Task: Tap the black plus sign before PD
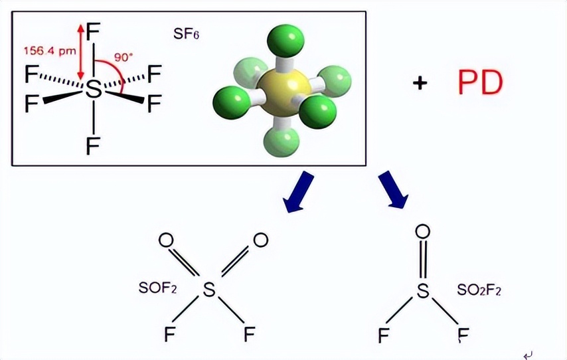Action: (x=419, y=84)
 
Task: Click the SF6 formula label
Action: (x=187, y=34)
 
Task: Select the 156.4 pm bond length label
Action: (x=49, y=50)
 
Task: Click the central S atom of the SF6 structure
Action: (x=94, y=89)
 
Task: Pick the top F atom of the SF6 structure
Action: (x=94, y=31)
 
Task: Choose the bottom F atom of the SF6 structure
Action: (x=94, y=145)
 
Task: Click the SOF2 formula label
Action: (x=157, y=288)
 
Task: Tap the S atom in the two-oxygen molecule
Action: (x=209, y=289)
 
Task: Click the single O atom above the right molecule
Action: (x=422, y=232)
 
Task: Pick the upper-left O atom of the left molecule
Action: (x=167, y=238)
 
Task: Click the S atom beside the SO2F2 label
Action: (x=422, y=290)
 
